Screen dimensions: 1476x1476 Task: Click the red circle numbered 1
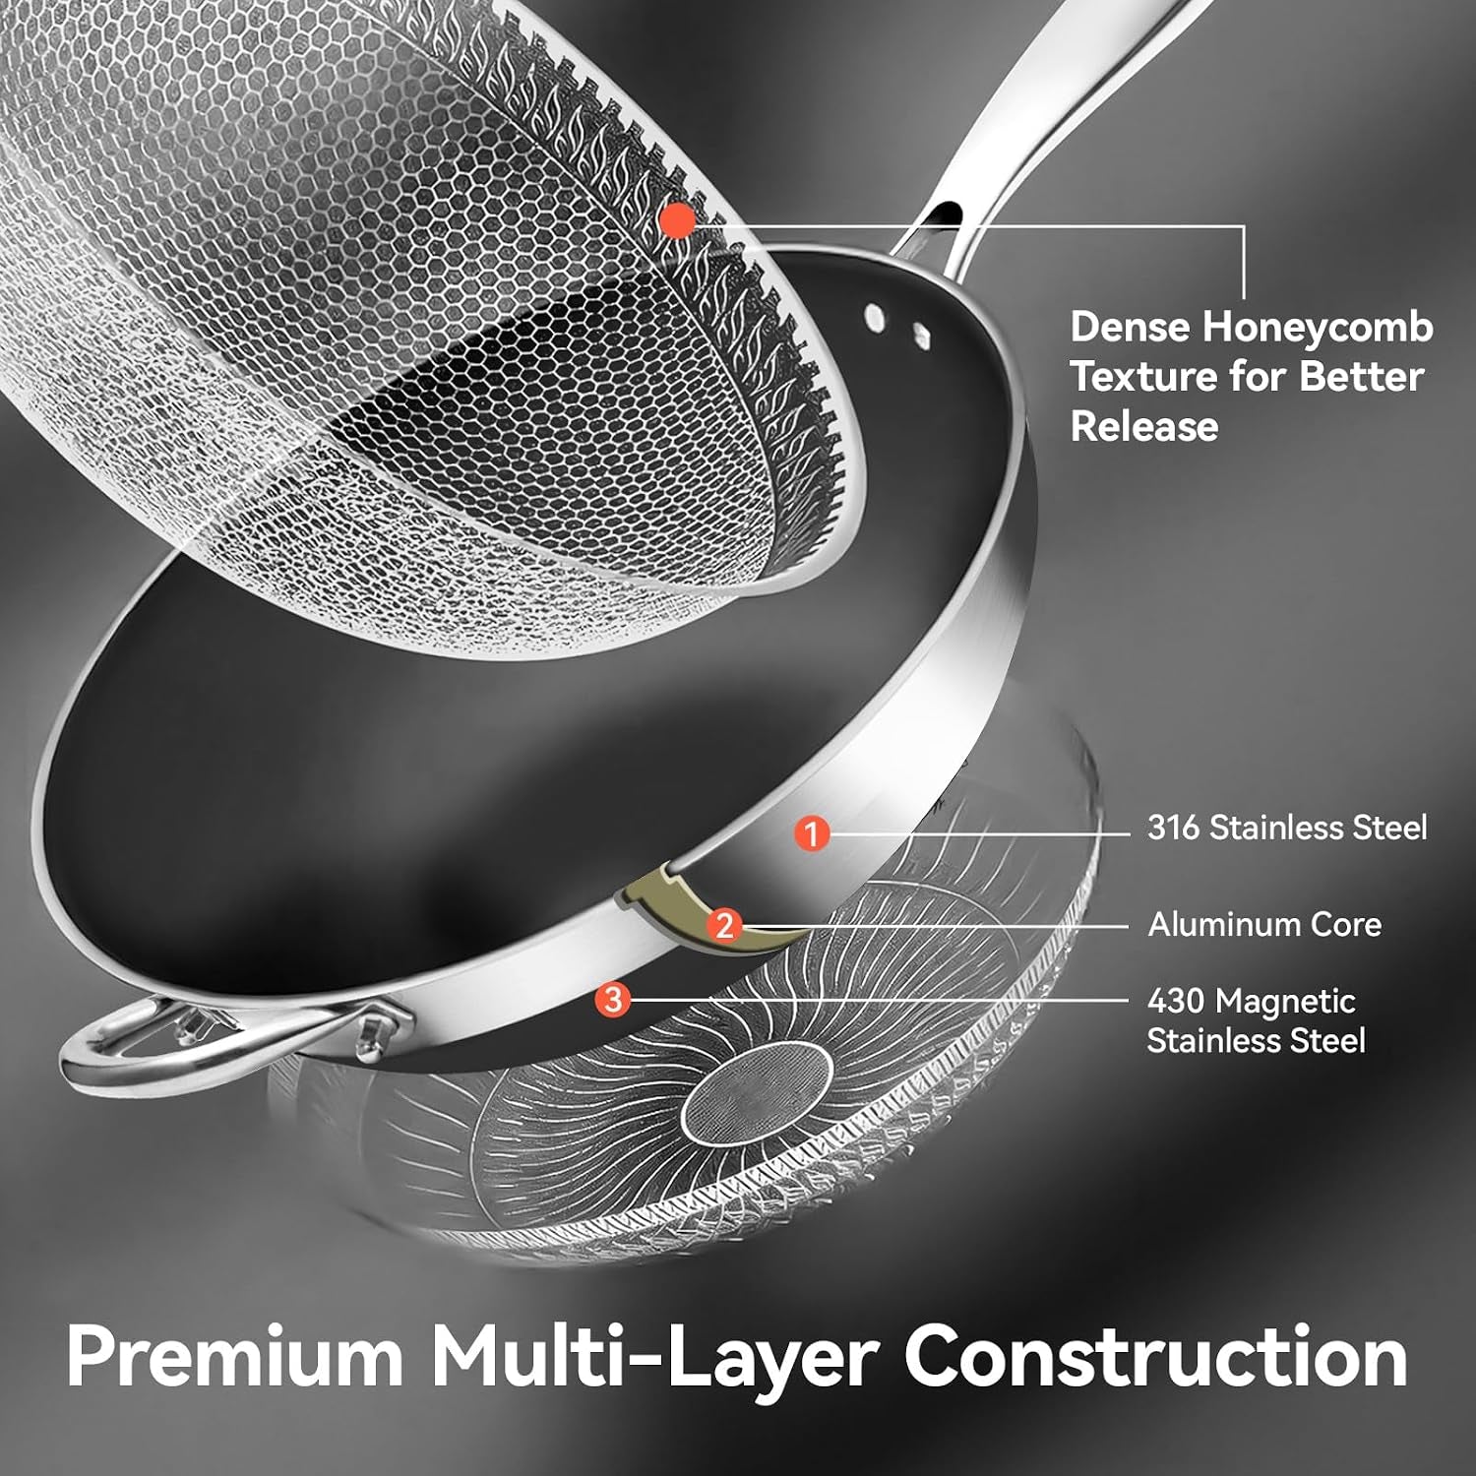tap(812, 833)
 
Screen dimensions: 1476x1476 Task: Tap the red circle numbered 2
tap(725, 925)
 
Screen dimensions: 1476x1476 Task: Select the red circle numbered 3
tap(613, 1000)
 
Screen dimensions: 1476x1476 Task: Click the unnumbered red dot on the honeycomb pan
tap(677, 220)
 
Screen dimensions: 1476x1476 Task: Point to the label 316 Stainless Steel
tap(1287, 828)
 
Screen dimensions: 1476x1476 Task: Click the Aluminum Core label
tap(1264, 924)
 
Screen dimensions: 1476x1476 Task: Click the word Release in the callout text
tap(1144, 426)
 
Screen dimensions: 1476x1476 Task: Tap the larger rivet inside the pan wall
tap(874, 316)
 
